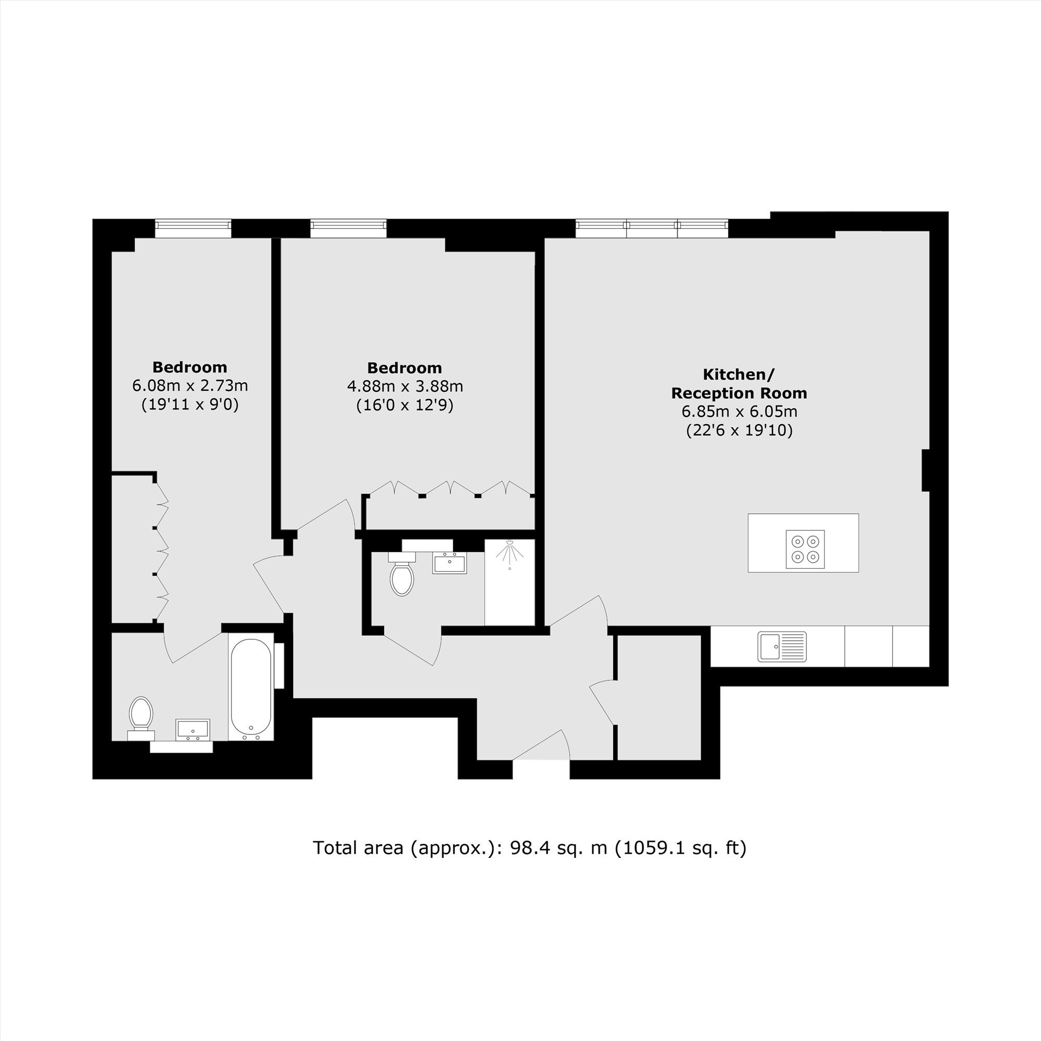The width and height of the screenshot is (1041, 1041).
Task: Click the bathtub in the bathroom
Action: [251, 690]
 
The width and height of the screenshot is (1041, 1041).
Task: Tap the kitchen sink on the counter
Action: [782, 646]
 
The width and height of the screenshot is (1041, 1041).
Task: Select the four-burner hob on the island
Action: [805, 549]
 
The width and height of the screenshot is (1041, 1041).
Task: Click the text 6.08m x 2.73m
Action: [190, 386]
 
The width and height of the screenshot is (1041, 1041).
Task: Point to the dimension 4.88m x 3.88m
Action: [405, 386]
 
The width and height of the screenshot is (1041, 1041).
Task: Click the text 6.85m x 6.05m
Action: [739, 412]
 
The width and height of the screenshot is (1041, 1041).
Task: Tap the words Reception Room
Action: [739, 393]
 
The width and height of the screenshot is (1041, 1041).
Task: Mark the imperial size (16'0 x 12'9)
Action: [405, 405]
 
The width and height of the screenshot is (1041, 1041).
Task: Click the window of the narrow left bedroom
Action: [194, 228]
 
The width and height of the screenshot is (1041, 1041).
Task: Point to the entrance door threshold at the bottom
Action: [541, 759]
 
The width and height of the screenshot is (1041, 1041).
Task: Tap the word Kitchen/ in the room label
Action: [739, 374]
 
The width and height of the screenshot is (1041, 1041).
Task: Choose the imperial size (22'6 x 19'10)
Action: [739, 430]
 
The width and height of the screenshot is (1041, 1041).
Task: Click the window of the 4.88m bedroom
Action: [349, 228]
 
